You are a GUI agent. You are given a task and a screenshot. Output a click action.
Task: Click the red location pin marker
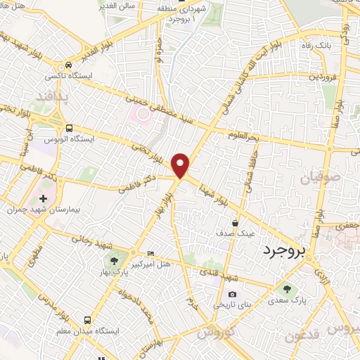click(181, 165)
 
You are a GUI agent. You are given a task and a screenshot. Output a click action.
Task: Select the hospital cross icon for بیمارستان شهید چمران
click(46, 199)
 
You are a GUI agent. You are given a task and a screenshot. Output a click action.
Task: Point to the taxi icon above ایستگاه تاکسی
click(67, 63)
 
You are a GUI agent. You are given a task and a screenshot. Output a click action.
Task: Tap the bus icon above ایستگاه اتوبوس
click(69, 128)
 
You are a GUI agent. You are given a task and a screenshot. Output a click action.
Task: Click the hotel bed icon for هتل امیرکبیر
click(150, 254)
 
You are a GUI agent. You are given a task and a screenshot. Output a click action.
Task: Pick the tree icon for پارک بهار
click(115, 263)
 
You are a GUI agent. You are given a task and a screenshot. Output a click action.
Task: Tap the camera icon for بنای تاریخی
click(231, 295)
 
